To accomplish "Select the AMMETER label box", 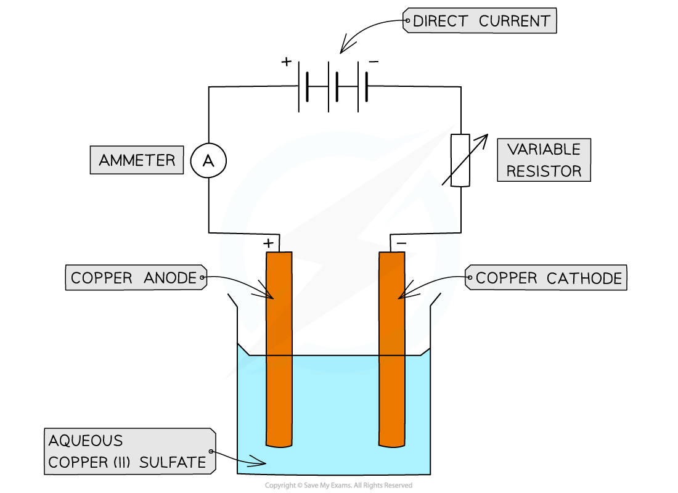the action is pos(137,160).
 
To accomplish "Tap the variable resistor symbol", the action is pos(460,160).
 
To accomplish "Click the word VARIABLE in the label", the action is pos(544,149).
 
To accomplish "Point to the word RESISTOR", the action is pos(544,171).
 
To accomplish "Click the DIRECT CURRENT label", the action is pos(480,20).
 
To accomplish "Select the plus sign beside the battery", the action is pos(286,62).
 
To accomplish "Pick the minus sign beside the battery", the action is pos(374,62).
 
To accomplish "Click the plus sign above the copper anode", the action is pos(268,243).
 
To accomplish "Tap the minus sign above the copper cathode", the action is pos(401,243).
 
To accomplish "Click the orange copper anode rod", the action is pos(279,349).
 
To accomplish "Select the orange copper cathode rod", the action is pos(392,349).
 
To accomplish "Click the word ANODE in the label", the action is pos(170,278).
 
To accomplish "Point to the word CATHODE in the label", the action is pos(584,278).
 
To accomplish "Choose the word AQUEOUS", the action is pos(86,441).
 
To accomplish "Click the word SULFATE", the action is pos(173,462).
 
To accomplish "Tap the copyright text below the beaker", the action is pos(338,485).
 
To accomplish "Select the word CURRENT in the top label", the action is pos(515,21).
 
